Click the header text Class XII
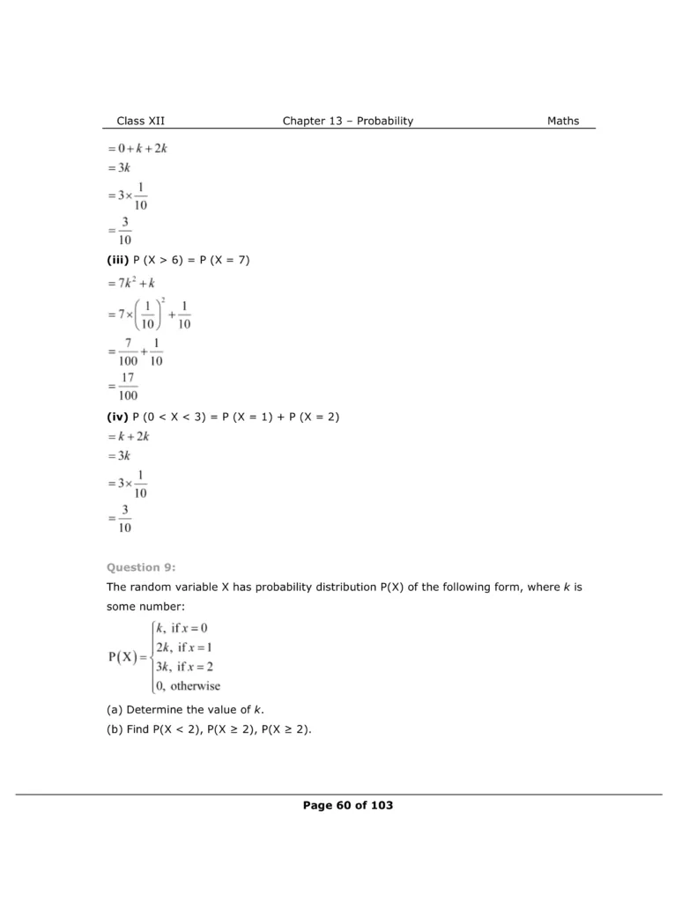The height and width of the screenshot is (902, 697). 140,121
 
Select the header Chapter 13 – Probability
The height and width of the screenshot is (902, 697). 347,121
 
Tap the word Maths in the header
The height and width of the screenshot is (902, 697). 563,121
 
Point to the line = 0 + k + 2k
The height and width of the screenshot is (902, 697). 137,148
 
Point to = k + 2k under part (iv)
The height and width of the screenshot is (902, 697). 130,437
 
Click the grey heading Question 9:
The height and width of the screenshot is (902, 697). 135,567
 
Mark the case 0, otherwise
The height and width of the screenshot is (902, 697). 187,685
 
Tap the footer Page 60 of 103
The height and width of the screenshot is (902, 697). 347,805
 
